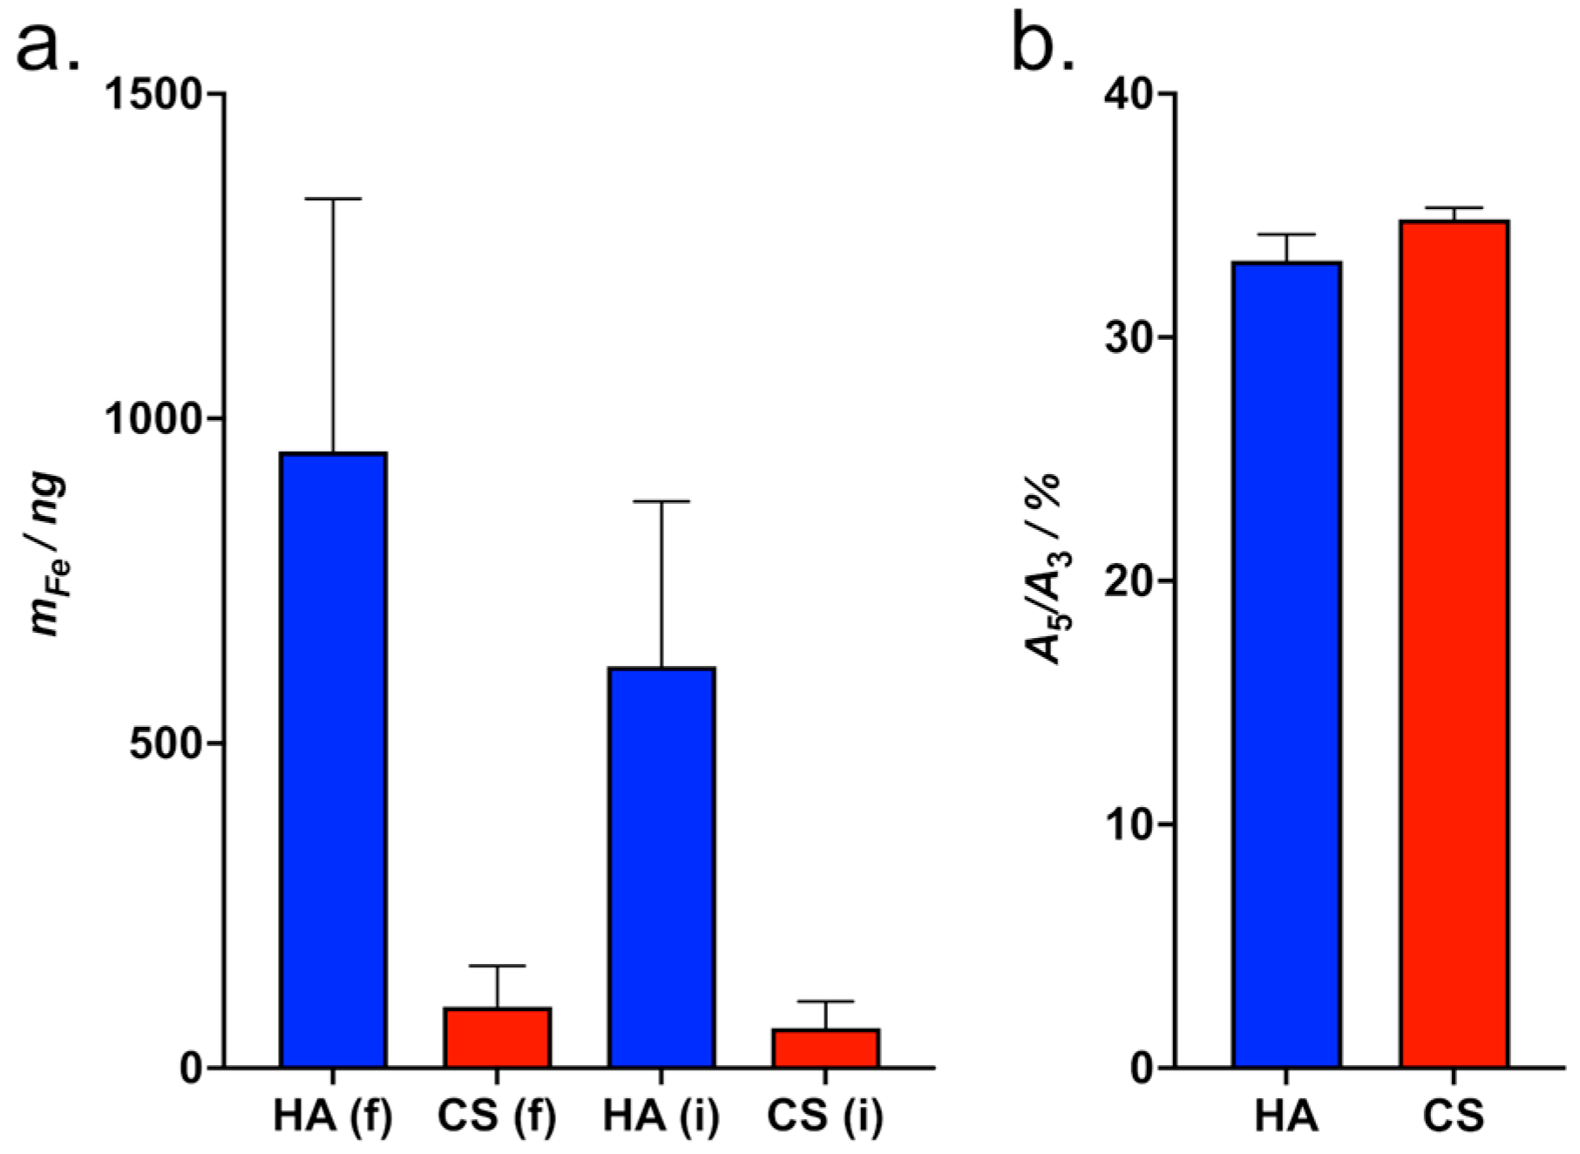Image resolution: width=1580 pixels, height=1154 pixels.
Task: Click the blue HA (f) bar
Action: [x=333, y=758]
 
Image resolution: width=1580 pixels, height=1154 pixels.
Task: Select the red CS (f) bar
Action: [x=498, y=1037]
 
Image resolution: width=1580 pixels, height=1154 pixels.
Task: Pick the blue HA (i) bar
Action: [x=661, y=867]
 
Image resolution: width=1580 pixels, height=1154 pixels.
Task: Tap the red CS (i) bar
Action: [x=825, y=1048]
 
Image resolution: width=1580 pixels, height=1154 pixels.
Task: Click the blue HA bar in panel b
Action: [x=1286, y=662]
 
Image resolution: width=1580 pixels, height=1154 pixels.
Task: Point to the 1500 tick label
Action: [x=153, y=93]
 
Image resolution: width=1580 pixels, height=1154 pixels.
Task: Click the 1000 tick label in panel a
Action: [x=153, y=418]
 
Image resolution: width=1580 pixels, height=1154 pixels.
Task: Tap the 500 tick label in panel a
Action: [x=166, y=743]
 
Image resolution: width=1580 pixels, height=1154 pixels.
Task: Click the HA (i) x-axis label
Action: [x=661, y=1117]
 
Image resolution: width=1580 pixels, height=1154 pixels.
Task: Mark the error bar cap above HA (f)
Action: [x=333, y=200]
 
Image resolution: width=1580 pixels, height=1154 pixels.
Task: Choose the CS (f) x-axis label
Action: [x=498, y=1117]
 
